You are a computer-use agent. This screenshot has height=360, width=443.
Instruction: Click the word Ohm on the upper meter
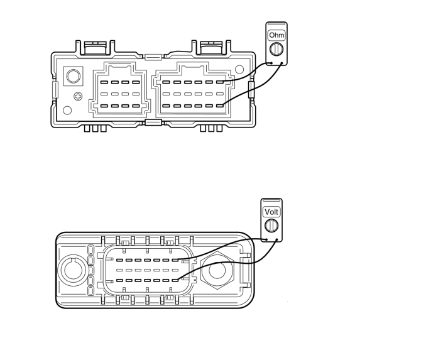(x=276, y=35)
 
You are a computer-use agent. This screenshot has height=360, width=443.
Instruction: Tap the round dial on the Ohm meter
(x=276, y=50)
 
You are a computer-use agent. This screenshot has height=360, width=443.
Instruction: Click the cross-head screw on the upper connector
(x=79, y=96)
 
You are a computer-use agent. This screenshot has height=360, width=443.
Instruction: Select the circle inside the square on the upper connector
(x=74, y=76)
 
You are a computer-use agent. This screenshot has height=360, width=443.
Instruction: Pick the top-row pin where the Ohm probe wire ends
(x=220, y=82)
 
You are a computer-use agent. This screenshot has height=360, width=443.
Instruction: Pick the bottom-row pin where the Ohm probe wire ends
(x=220, y=106)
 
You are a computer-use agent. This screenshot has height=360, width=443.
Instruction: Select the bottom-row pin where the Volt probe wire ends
(x=175, y=280)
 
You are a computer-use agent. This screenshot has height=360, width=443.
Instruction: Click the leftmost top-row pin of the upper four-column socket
(x=104, y=82)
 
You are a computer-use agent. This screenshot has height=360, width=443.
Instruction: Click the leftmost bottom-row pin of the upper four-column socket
(x=104, y=106)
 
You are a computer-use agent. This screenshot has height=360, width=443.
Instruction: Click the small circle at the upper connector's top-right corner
(x=239, y=68)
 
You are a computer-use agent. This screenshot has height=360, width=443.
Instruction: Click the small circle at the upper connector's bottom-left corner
(x=67, y=111)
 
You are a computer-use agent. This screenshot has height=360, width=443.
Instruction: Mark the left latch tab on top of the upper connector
(x=95, y=46)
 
